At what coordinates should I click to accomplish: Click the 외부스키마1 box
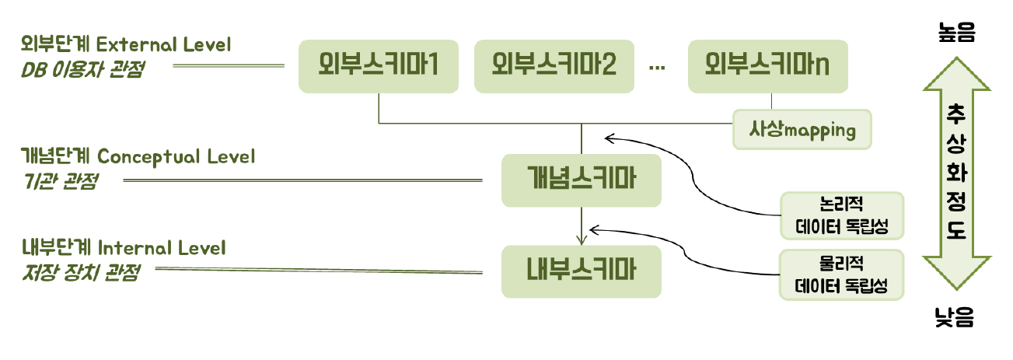(x=378, y=66)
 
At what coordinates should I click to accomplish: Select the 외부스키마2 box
(x=554, y=66)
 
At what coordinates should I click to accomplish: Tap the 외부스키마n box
(x=767, y=66)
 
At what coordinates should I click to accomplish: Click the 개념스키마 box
(x=582, y=180)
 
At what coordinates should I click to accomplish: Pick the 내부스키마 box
(x=582, y=271)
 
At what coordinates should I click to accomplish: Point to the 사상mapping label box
(x=802, y=130)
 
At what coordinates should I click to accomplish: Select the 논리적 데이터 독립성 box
(x=841, y=215)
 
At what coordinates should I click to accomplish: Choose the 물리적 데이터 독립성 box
(x=841, y=274)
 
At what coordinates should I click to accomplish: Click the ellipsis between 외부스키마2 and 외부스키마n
(x=657, y=68)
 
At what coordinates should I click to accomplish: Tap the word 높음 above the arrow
(x=956, y=32)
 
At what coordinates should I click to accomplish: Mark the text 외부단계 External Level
(x=127, y=44)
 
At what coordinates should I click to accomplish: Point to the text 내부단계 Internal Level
(x=124, y=248)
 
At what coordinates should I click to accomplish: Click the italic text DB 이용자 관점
(x=83, y=70)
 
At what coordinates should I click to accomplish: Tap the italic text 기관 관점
(x=61, y=182)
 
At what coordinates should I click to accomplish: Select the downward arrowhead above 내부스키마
(x=582, y=239)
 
